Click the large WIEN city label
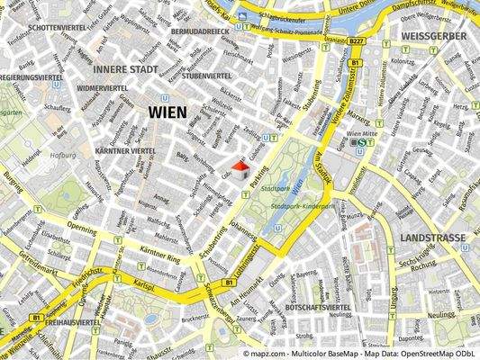pos(163,112)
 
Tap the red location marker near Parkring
pos(240,167)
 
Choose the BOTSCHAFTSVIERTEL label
pos(317,308)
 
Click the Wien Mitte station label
pos(335,132)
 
